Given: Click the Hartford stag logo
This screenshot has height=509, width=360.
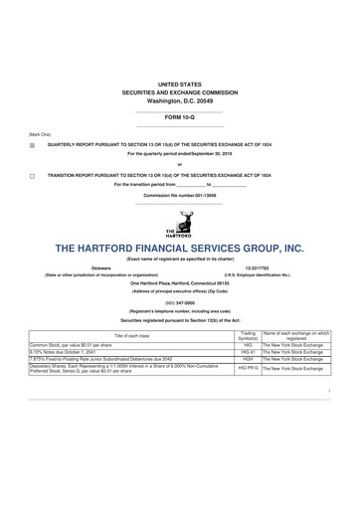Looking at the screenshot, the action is pos(180,224).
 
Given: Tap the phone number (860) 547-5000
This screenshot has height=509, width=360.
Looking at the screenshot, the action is pos(180,297).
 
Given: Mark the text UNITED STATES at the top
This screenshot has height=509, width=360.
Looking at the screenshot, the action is pos(180,85).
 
